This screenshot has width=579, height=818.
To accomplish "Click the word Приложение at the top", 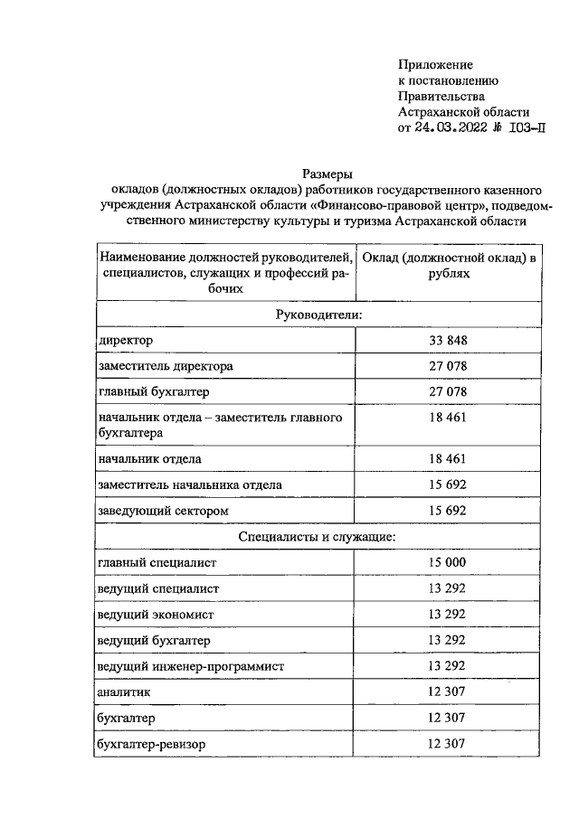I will tap(436, 64).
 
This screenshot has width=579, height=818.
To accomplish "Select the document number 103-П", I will tap(527, 127).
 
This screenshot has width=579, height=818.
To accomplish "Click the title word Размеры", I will tap(326, 174).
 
